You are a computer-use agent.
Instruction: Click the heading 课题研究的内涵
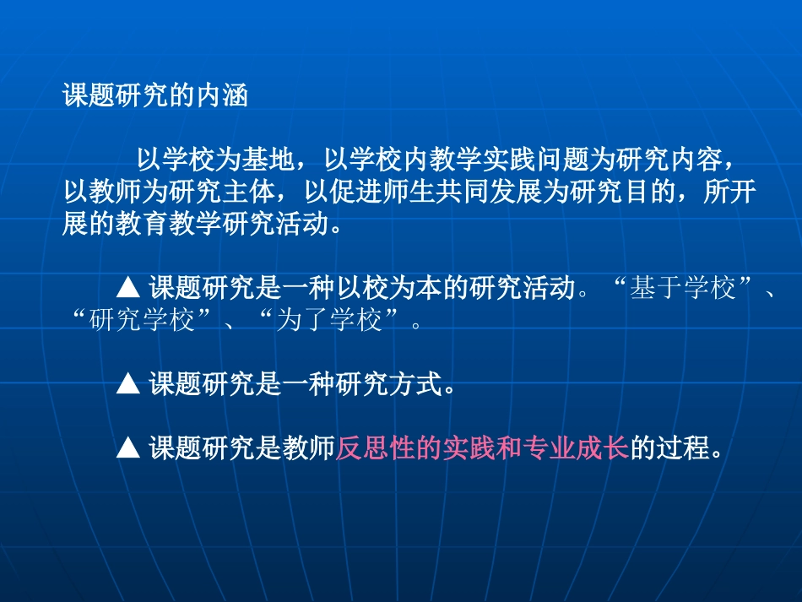pyautogui.click(x=155, y=95)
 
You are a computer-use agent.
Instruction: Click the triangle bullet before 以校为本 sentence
pyautogui.click(x=127, y=289)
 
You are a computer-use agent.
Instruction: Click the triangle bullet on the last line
pyautogui.click(x=127, y=449)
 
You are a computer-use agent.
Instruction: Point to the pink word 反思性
pyautogui.click(x=377, y=449)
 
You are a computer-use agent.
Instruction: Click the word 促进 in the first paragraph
pyautogui.click(x=353, y=192)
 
